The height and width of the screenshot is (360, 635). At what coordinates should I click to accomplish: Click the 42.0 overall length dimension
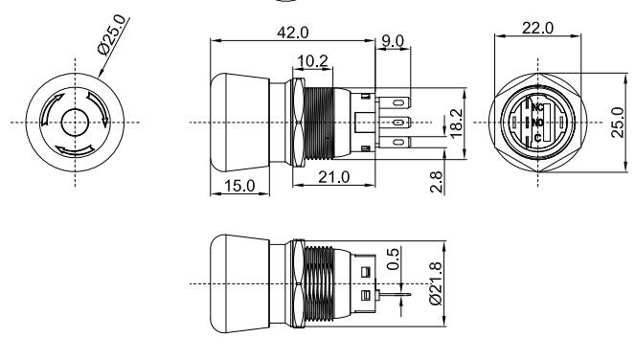click(x=292, y=32)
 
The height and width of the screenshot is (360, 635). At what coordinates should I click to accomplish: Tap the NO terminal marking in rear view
click(x=538, y=123)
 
